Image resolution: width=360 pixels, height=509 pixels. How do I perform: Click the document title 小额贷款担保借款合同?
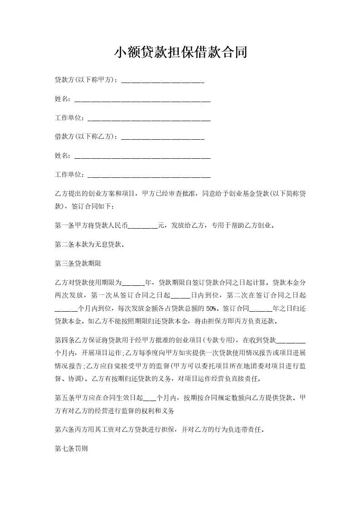[x=180, y=53]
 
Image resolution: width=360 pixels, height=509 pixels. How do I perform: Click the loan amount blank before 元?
[x=143, y=225]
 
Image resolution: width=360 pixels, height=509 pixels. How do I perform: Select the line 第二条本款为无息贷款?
[x=89, y=245]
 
